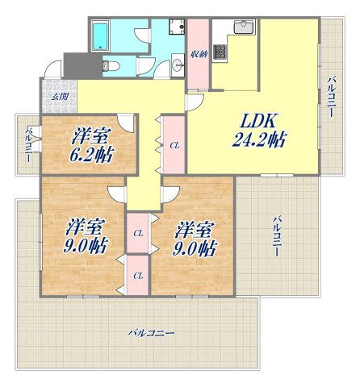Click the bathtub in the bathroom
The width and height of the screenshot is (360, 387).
[101, 35]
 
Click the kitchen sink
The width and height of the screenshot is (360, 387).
[242, 28]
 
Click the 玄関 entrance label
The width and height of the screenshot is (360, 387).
[60, 98]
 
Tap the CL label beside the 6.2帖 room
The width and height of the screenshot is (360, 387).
[174, 145]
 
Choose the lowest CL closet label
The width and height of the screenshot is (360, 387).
[138, 276]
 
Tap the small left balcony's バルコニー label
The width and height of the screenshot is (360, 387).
[27, 144]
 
